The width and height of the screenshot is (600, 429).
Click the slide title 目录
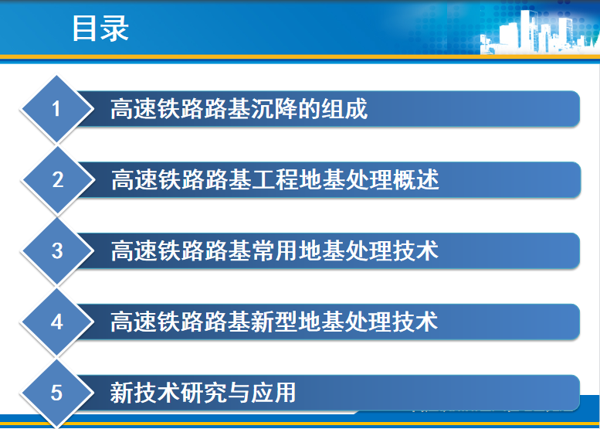point(100,29)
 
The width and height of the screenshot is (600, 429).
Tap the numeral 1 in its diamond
point(56,109)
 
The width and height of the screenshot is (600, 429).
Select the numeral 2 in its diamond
point(57,179)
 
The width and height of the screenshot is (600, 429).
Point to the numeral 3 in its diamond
point(57,251)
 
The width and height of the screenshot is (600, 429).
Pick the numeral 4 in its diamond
point(56,322)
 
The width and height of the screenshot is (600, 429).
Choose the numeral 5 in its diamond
point(56,393)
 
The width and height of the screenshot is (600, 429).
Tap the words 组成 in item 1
point(344,109)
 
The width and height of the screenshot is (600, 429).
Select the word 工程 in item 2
point(275,179)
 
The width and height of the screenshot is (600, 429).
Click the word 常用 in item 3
point(274,251)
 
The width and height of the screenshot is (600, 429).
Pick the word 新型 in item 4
point(274,322)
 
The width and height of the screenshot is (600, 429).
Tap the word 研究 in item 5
point(204,393)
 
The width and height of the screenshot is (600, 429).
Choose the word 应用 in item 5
point(273,393)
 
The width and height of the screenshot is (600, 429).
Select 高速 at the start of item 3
point(134,251)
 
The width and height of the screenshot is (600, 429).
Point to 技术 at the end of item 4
point(415,322)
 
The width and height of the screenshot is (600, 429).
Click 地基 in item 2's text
point(322,179)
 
